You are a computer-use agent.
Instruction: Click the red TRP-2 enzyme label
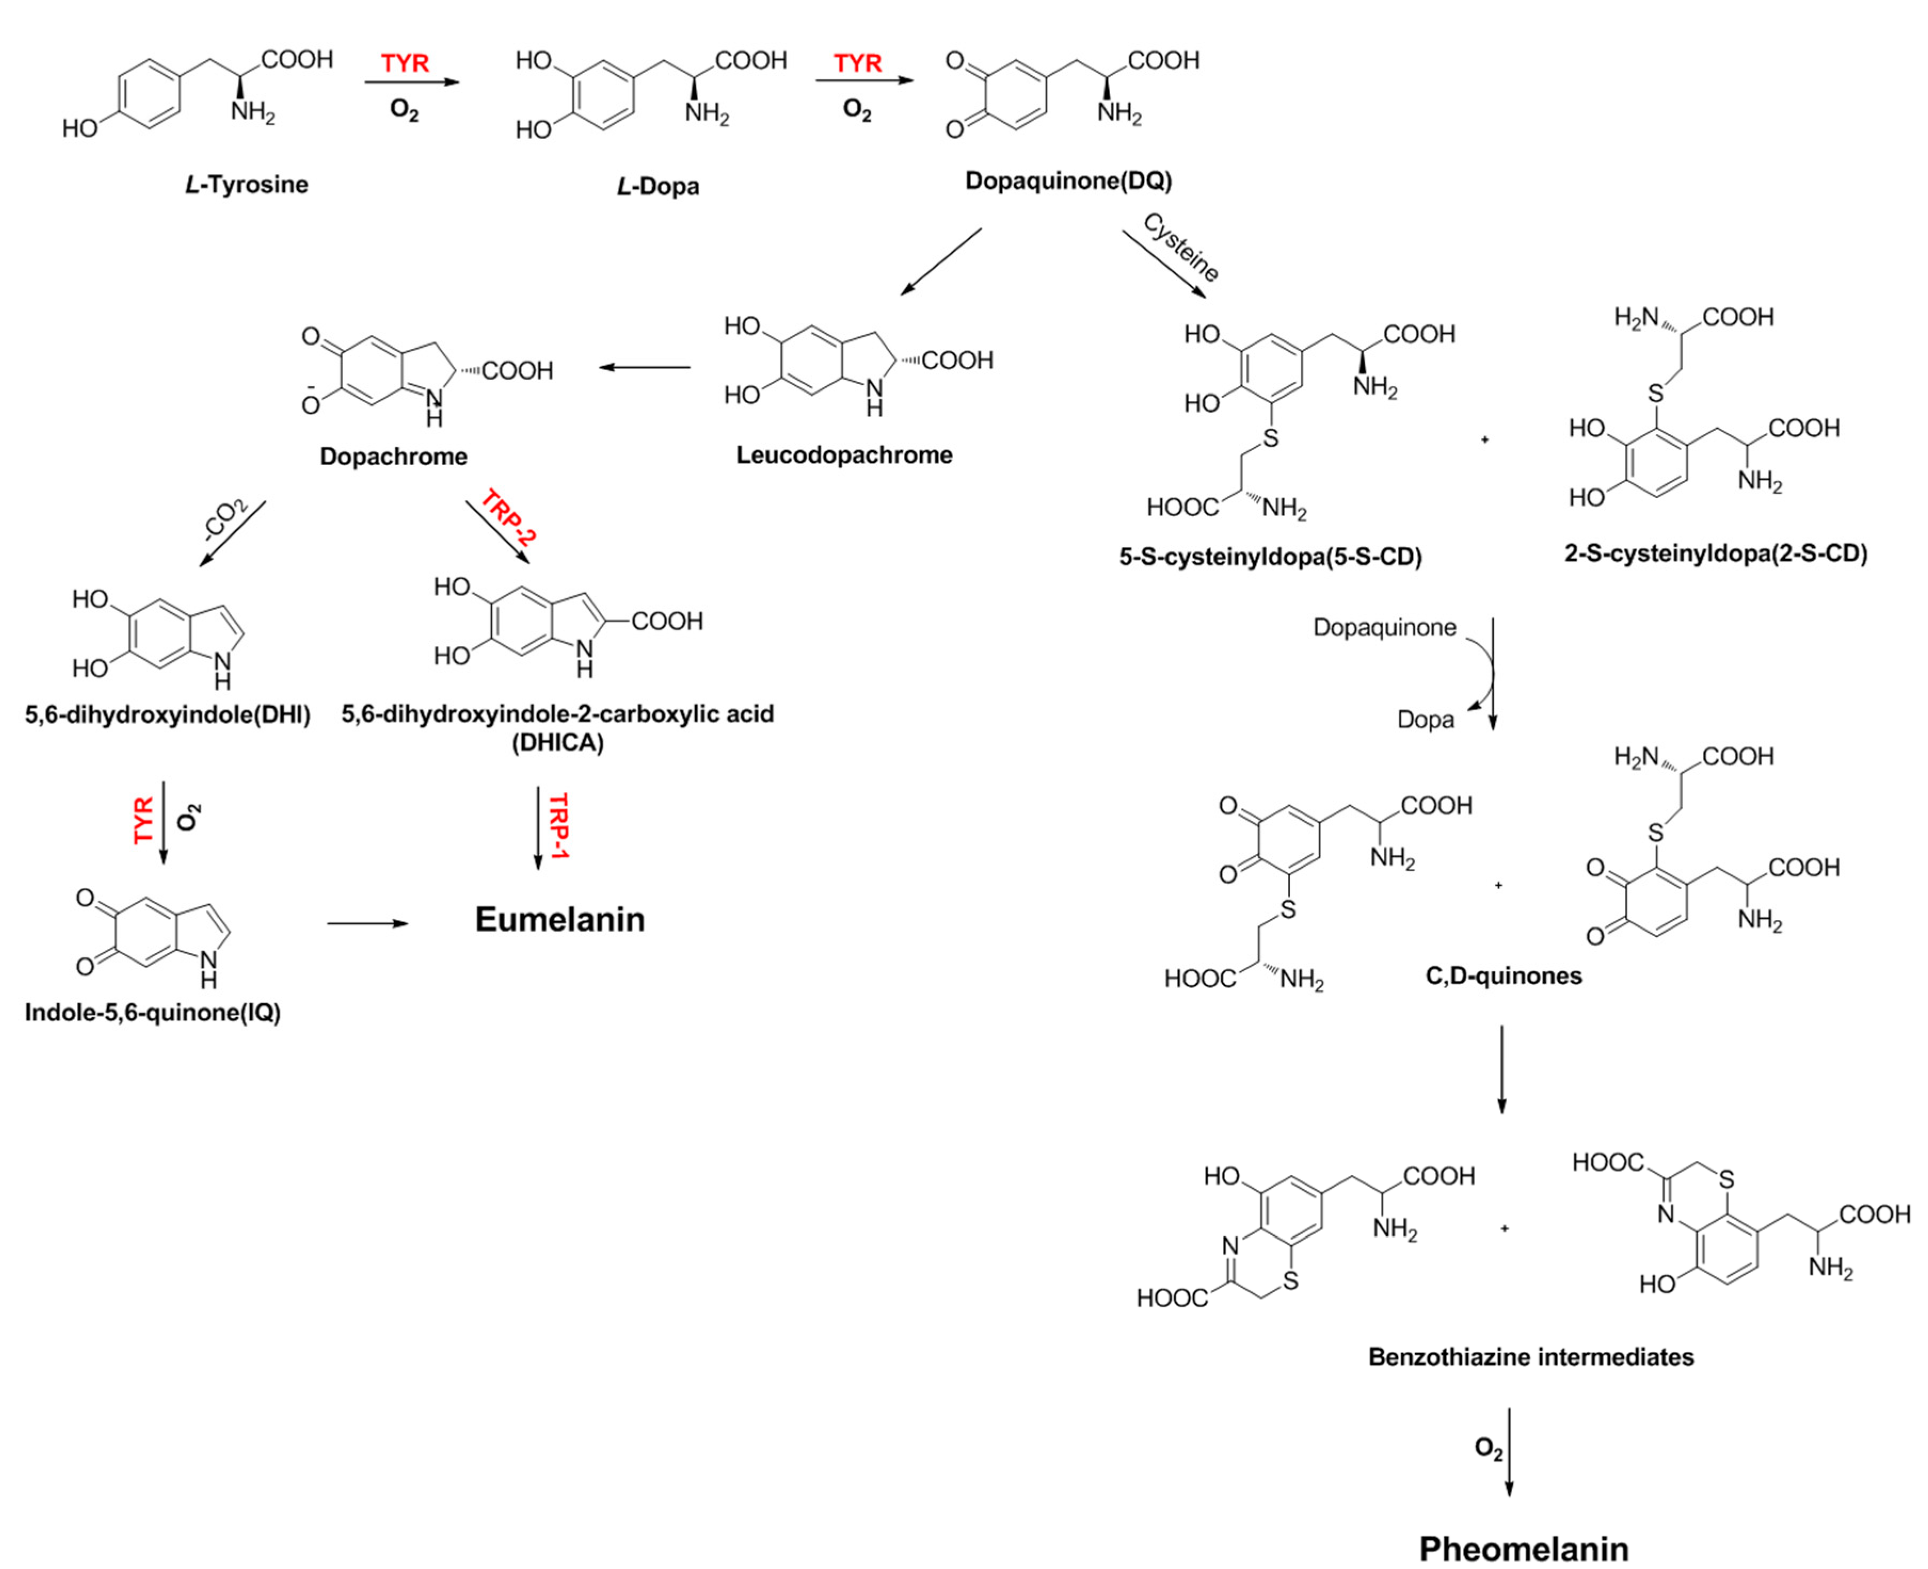[507, 517]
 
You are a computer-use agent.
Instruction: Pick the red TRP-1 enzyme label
[558, 825]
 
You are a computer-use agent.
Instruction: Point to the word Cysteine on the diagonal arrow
[1180, 247]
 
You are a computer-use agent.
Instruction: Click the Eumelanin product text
[559, 919]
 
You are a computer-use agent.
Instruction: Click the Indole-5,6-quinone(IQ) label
[153, 1012]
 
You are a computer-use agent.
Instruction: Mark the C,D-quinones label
[1503, 976]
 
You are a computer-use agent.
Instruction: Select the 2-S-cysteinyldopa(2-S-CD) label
[1716, 553]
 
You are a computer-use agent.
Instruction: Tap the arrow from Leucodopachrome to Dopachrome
[644, 367]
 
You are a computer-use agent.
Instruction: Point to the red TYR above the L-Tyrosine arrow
[404, 63]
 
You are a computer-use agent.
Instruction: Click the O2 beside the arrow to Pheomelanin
[1488, 1448]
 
